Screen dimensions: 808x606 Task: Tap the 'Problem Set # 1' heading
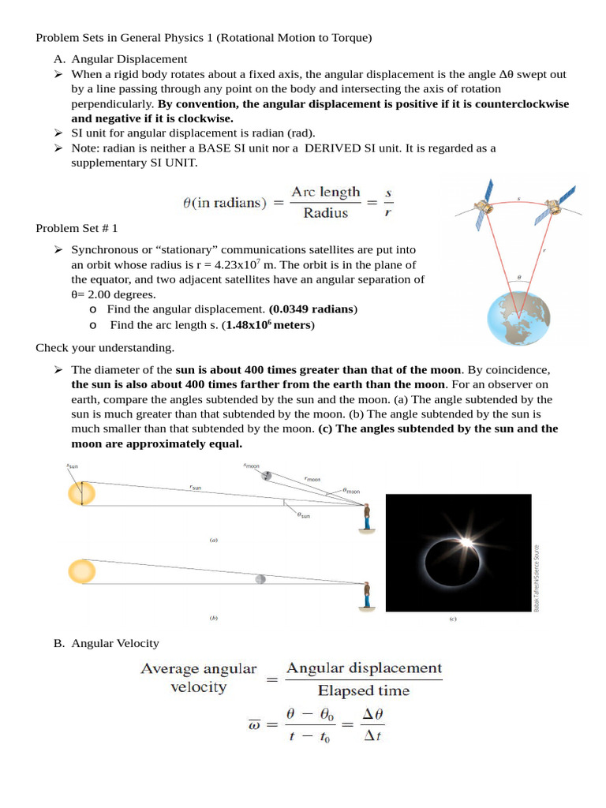point(77,228)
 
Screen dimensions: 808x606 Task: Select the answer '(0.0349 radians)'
point(313,308)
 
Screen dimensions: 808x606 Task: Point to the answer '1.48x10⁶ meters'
point(270,324)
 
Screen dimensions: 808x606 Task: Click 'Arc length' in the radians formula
point(325,193)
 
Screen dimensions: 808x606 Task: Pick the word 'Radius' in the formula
point(325,213)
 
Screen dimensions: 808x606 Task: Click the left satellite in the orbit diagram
point(484,205)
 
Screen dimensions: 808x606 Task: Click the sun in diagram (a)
point(81,494)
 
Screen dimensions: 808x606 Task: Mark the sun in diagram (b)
point(81,570)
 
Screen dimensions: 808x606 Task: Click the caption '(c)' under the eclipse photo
point(452,619)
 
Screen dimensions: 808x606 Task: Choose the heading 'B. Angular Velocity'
point(107,643)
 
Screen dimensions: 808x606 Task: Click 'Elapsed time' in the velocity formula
point(364,691)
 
